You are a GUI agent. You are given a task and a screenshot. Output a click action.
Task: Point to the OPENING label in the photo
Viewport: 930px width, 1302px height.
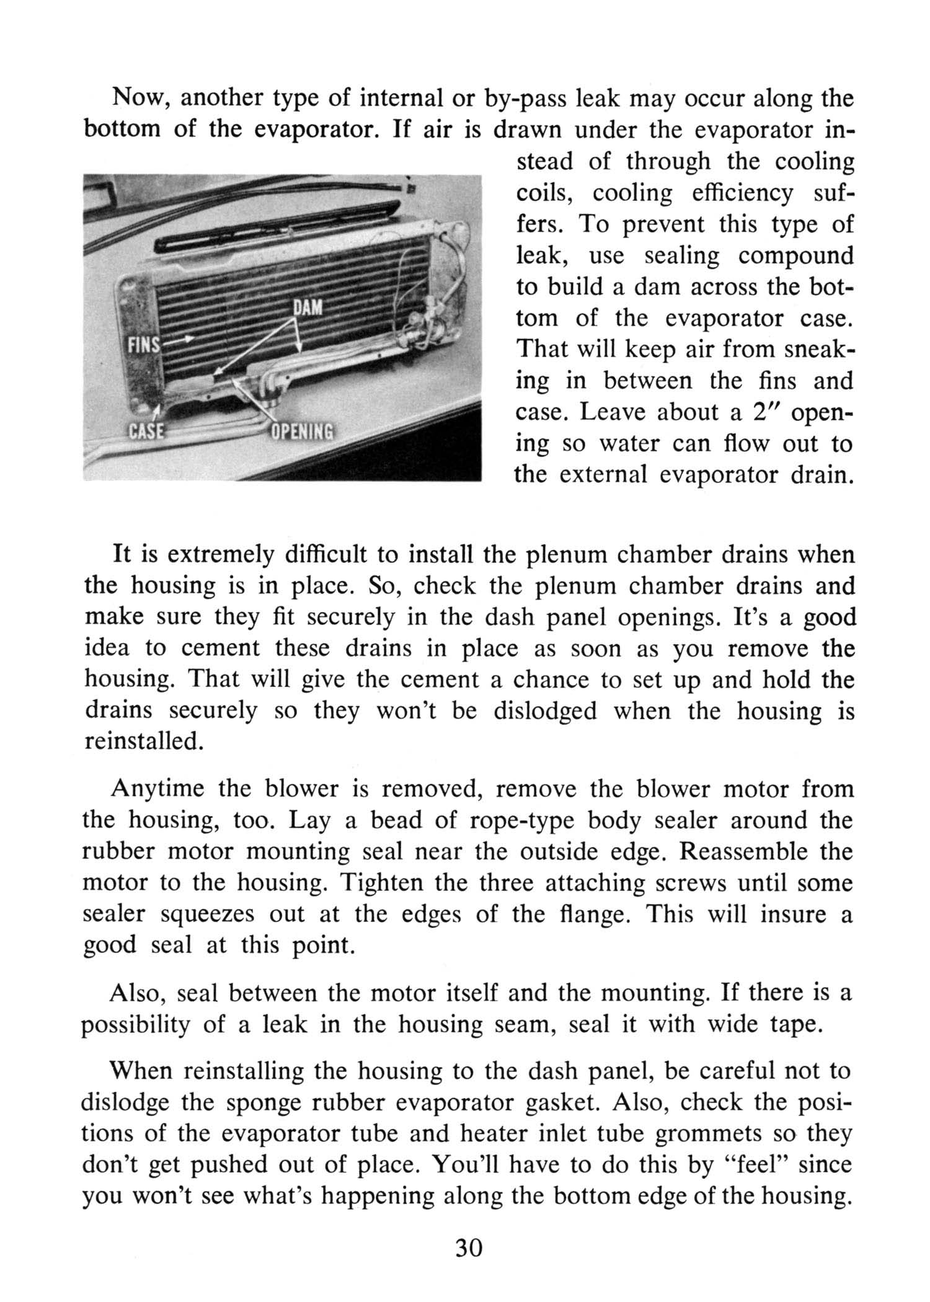click(x=303, y=430)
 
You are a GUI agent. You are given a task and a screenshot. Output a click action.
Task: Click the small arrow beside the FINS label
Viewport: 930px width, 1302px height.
click(x=180, y=340)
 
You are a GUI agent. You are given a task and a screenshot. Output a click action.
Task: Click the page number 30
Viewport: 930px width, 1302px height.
click(x=469, y=1247)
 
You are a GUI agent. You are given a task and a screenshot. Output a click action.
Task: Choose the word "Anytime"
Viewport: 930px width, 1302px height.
click(x=158, y=789)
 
